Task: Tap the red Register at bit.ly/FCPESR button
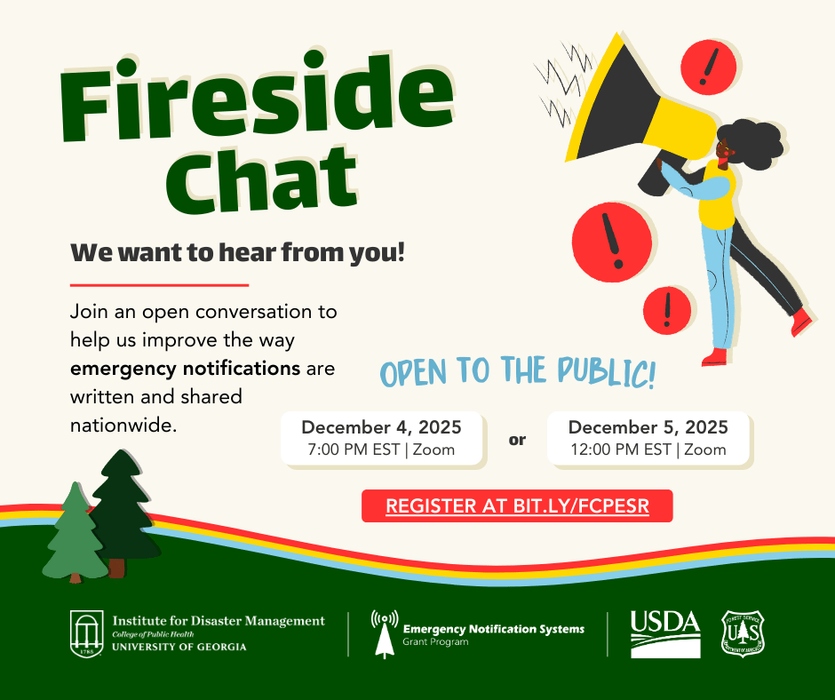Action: click(517, 505)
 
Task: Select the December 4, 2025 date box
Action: click(382, 439)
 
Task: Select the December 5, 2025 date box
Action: click(648, 439)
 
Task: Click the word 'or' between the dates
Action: click(517, 440)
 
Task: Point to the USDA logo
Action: click(665, 634)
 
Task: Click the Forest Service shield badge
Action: click(743, 633)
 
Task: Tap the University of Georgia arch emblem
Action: click(87, 634)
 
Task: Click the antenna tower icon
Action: click(385, 634)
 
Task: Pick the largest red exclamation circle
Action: click(612, 242)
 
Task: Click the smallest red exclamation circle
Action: click(667, 311)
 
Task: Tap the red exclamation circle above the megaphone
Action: click(708, 68)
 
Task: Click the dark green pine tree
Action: click(123, 512)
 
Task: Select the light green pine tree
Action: click(76, 533)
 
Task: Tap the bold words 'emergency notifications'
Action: click(186, 369)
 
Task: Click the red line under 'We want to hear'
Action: click(159, 285)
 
